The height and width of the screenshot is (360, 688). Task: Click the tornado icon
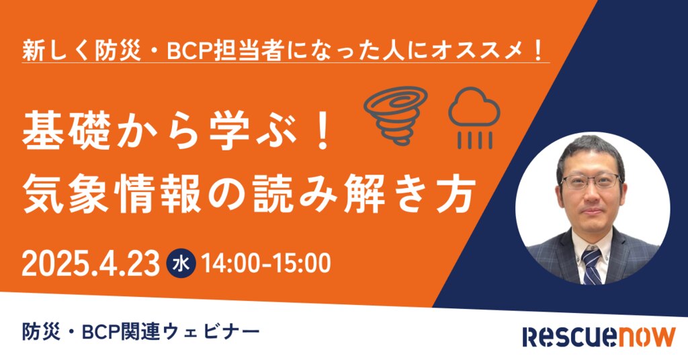coord(396,116)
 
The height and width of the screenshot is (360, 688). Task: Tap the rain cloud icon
coord(474,117)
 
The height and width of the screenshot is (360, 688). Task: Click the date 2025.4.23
coord(91,263)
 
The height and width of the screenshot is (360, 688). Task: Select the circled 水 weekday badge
coord(181,263)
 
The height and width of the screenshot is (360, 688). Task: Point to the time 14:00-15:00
coord(266,263)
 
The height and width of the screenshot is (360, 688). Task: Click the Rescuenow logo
coord(599,336)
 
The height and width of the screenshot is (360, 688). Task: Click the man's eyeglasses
coord(591,181)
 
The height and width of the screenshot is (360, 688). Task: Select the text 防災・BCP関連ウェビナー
coord(141,332)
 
